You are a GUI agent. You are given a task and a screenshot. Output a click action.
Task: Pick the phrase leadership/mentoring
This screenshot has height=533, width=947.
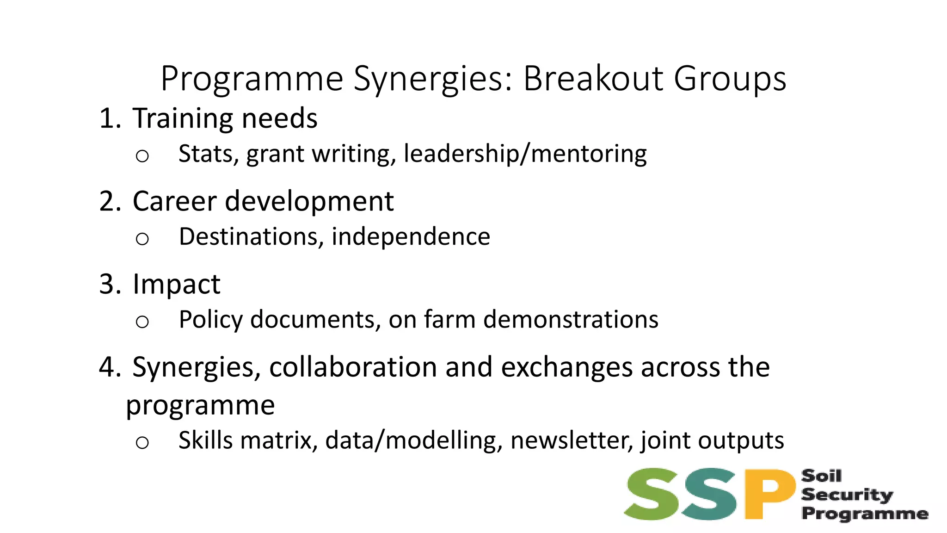tap(525, 154)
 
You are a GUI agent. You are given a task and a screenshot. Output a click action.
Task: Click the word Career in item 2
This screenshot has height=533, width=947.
tap(174, 202)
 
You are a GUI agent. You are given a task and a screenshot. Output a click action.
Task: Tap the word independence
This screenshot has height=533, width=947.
tap(411, 236)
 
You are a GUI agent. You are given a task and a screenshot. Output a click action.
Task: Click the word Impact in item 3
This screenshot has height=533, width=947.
tap(176, 284)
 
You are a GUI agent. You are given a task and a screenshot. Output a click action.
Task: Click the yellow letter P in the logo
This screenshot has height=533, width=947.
tap(768, 494)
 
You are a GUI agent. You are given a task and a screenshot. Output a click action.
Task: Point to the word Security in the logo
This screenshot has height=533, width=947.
tap(847, 495)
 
